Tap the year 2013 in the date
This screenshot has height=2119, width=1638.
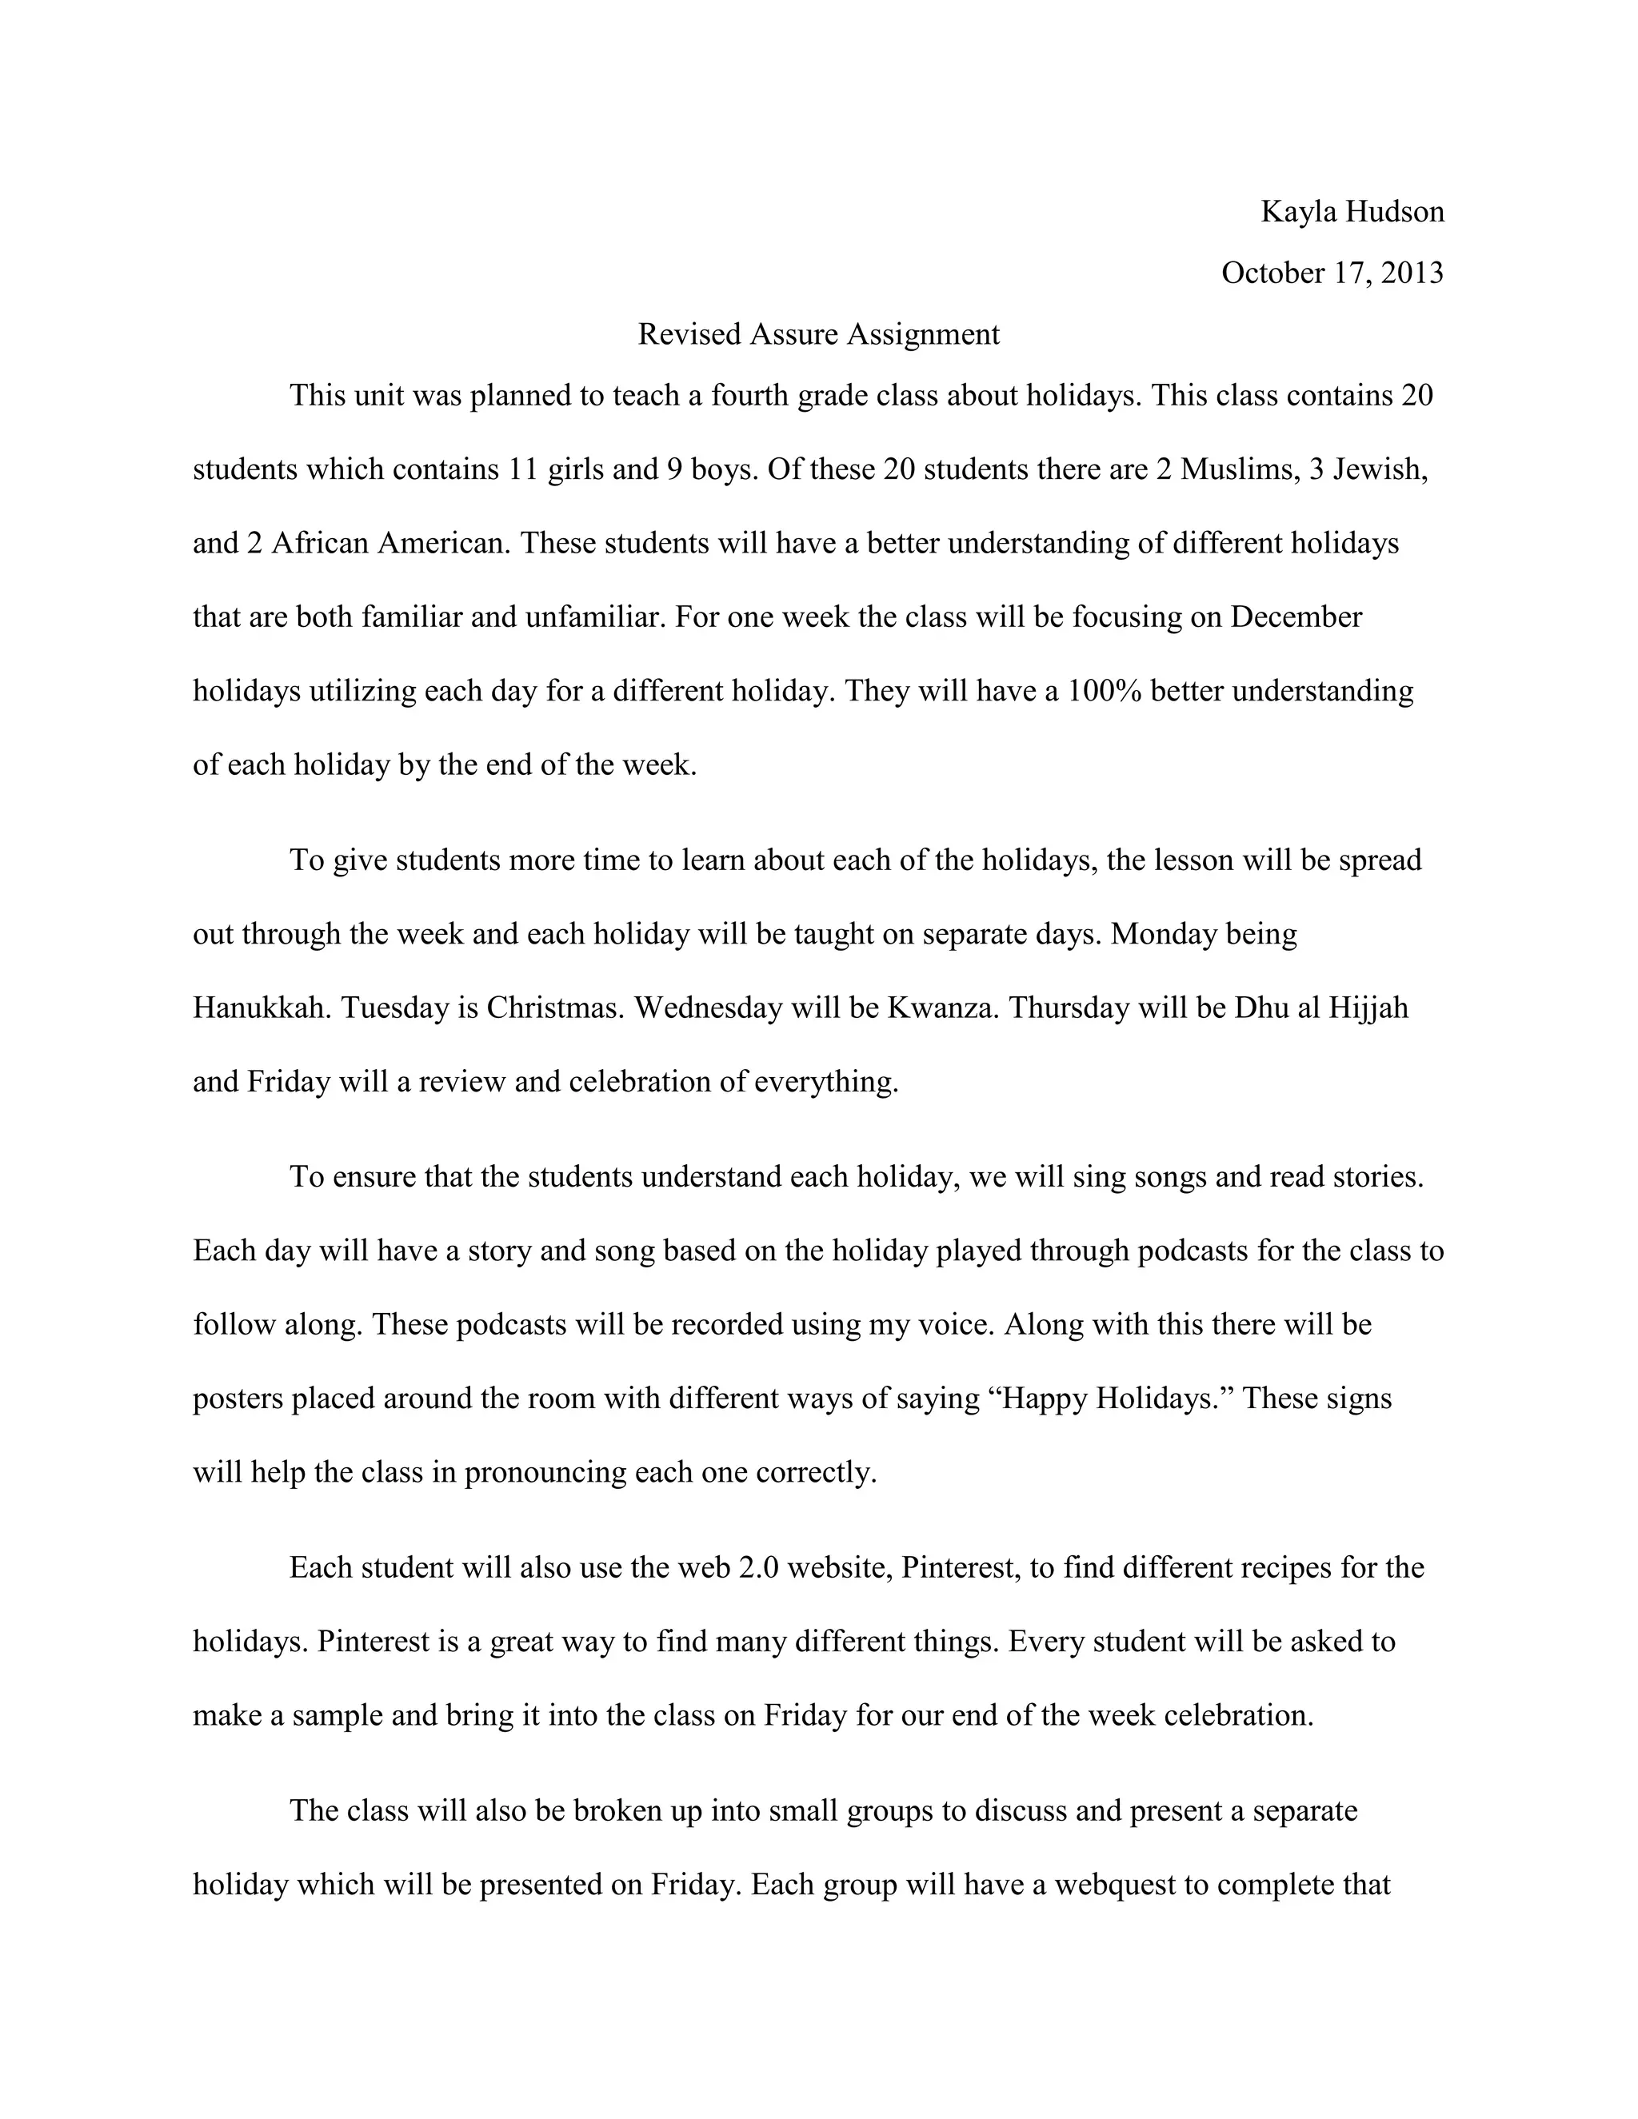click(x=1412, y=273)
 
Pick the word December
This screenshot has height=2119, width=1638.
click(x=1296, y=617)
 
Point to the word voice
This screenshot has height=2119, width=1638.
click(x=956, y=1324)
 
